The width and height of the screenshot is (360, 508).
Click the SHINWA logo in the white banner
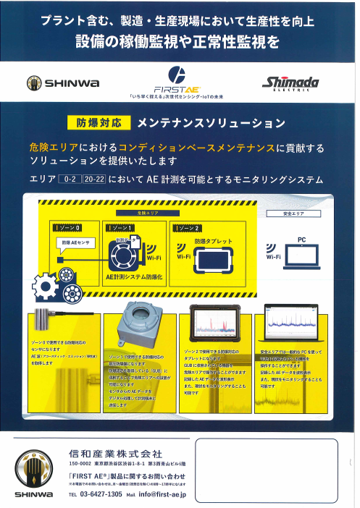[63, 82]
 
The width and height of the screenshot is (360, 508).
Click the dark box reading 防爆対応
[99, 123]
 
